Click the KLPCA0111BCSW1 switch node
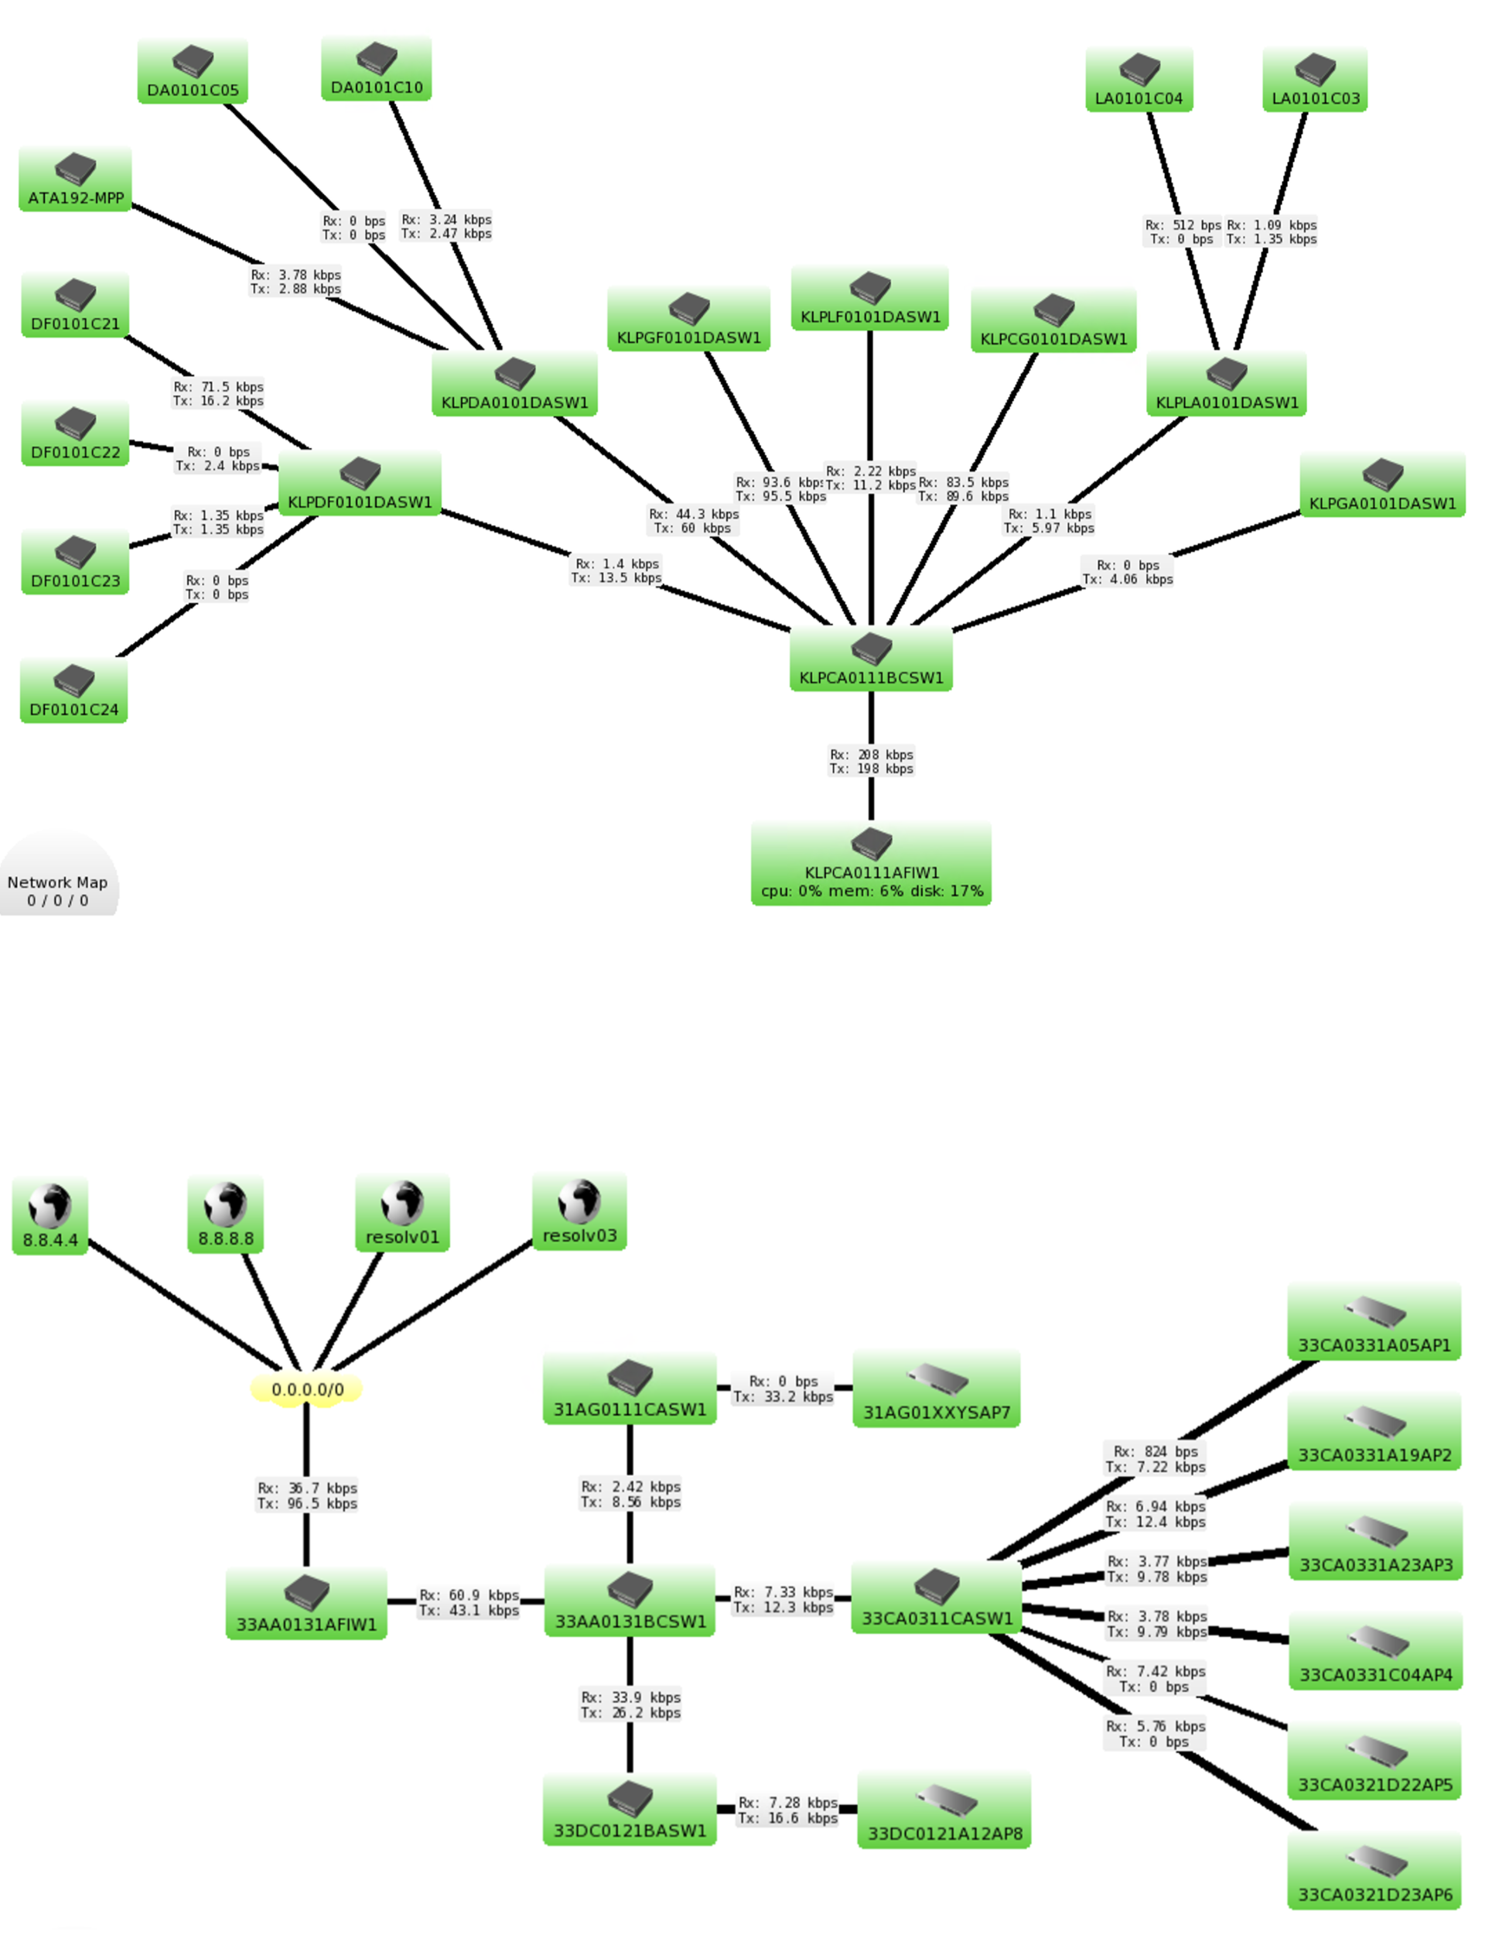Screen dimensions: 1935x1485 pyautogui.click(x=871, y=659)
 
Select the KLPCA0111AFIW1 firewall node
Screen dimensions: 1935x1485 pyautogui.click(x=871, y=863)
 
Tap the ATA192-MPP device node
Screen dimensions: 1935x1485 pyautogui.click(x=75, y=180)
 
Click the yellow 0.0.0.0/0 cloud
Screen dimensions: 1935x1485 pyautogui.click(x=307, y=1389)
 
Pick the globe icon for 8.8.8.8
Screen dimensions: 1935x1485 pyautogui.click(x=225, y=1204)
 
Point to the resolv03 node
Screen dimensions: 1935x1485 pyautogui.click(x=579, y=1211)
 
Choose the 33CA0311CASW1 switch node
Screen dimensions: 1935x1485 pyautogui.click(x=936, y=1598)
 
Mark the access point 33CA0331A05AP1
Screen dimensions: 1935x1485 pyautogui.click(x=1374, y=1322)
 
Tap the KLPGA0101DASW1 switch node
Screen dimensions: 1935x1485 pyautogui.click(x=1381, y=485)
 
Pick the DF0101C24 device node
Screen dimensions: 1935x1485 pyautogui.click(x=73, y=690)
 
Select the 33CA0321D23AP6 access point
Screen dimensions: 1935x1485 pyautogui.click(x=1374, y=1871)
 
